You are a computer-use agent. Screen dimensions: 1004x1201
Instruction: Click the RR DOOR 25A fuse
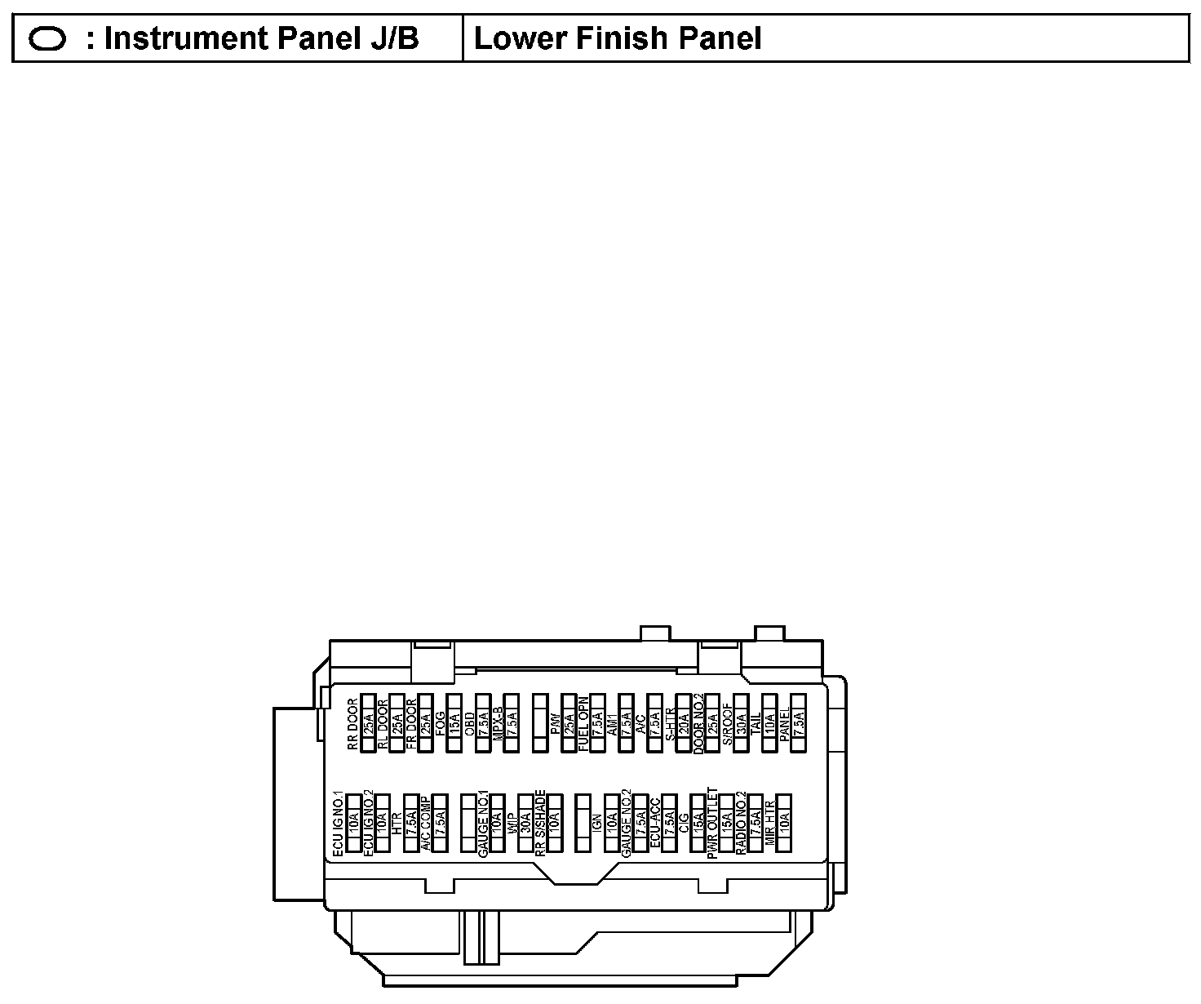368,722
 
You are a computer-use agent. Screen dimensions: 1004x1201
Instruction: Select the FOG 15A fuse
454,722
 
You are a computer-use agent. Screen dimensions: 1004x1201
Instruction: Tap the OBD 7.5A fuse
483,722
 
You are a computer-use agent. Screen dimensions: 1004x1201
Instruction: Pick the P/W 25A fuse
569,722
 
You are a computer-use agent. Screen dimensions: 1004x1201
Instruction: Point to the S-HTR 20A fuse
683,722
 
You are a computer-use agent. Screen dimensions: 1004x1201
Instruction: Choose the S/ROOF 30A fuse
741,722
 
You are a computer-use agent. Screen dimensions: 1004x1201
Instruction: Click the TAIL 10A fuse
769,722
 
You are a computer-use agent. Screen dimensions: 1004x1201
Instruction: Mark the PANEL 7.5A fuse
799,722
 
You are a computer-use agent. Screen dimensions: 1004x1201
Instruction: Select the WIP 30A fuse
525,823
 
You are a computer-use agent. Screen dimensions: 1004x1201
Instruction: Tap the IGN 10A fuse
611,823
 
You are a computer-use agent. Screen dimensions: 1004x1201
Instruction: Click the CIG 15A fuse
698,823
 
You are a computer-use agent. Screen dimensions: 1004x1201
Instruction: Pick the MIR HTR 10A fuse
784,823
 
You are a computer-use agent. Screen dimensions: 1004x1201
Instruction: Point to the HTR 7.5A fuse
411,823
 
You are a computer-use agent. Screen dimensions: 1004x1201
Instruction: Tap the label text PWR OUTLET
712,823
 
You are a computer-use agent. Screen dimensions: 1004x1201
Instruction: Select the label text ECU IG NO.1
339,823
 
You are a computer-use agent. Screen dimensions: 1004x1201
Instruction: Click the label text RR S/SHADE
540,823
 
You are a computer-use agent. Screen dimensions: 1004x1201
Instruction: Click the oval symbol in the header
47,38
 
